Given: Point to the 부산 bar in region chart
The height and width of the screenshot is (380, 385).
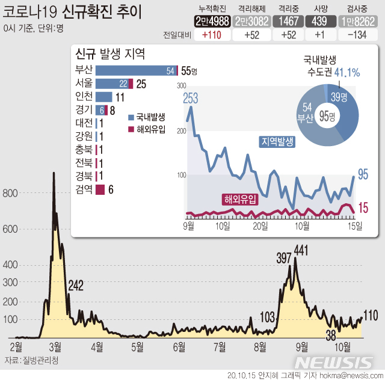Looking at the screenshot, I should coord(136,71).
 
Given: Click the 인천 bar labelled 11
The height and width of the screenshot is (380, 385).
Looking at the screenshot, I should coord(104,97).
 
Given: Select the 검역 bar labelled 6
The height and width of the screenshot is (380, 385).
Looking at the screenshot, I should coord(100,189).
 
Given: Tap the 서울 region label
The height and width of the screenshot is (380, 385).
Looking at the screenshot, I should coord(84,84).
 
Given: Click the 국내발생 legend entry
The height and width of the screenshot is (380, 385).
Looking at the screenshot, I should coord(147,116).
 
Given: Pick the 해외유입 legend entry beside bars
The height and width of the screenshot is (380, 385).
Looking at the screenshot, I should coord(147,129).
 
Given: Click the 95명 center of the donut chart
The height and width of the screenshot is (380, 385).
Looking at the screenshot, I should coord(327,115).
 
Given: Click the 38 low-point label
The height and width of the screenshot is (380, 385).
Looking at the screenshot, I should coord(330,334).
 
